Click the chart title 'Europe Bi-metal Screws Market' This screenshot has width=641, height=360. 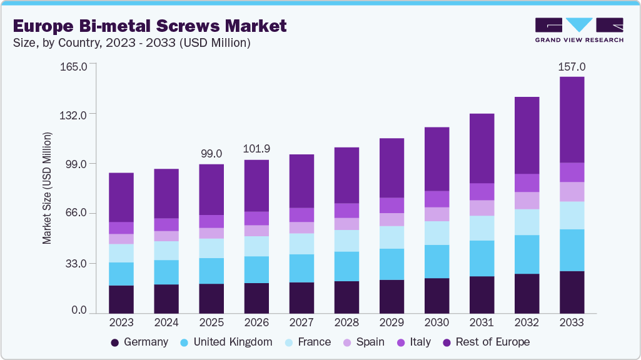coord(149,26)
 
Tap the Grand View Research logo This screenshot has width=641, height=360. coord(578,29)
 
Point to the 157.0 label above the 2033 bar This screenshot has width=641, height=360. coord(572,66)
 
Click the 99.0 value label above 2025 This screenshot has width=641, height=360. coord(211,153)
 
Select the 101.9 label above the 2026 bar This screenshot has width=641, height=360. coord(256,149)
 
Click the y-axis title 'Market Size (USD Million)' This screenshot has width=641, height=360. coord(47,188)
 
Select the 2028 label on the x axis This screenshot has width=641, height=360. coord(346,322)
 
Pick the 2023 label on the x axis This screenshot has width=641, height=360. coord(121,322)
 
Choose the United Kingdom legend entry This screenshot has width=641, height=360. coord(226,342)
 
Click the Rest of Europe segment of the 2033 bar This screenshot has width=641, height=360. coord(572,119)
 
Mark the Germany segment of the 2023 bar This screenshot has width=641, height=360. coord(121,299)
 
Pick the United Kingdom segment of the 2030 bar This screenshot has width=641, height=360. coord(437,261)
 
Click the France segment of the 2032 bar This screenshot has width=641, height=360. coord(527,222)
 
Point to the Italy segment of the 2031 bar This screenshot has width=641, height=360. coord(482,191)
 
